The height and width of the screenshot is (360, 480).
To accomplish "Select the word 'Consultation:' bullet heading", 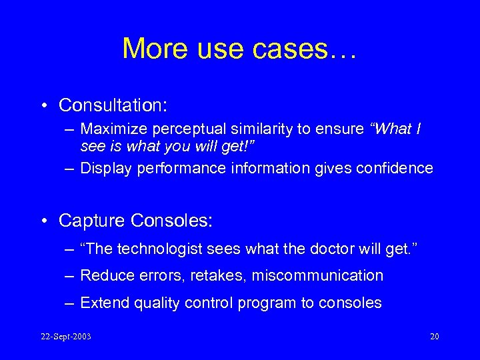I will (113, 105).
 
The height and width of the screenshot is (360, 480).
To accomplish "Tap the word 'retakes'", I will (218, 275).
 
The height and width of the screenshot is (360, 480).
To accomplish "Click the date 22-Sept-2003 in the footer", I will (65, 336).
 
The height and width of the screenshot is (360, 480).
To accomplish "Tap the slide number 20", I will (434, 336).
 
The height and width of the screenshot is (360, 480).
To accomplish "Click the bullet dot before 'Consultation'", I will (43, 106).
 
